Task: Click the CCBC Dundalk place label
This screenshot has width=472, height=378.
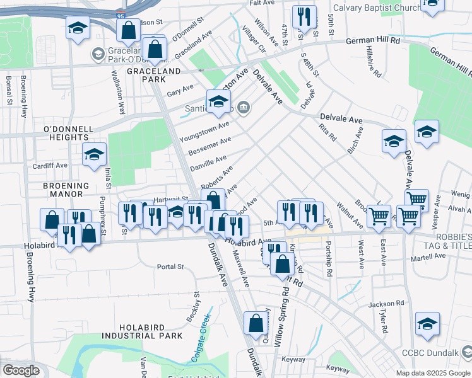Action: click(440, 353)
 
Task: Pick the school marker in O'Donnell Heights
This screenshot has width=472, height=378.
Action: click(94, 154)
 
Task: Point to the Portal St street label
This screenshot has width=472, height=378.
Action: click(170, 266)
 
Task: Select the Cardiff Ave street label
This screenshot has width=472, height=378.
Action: click(51, 166)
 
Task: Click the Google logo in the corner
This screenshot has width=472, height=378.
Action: click(21, 370)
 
